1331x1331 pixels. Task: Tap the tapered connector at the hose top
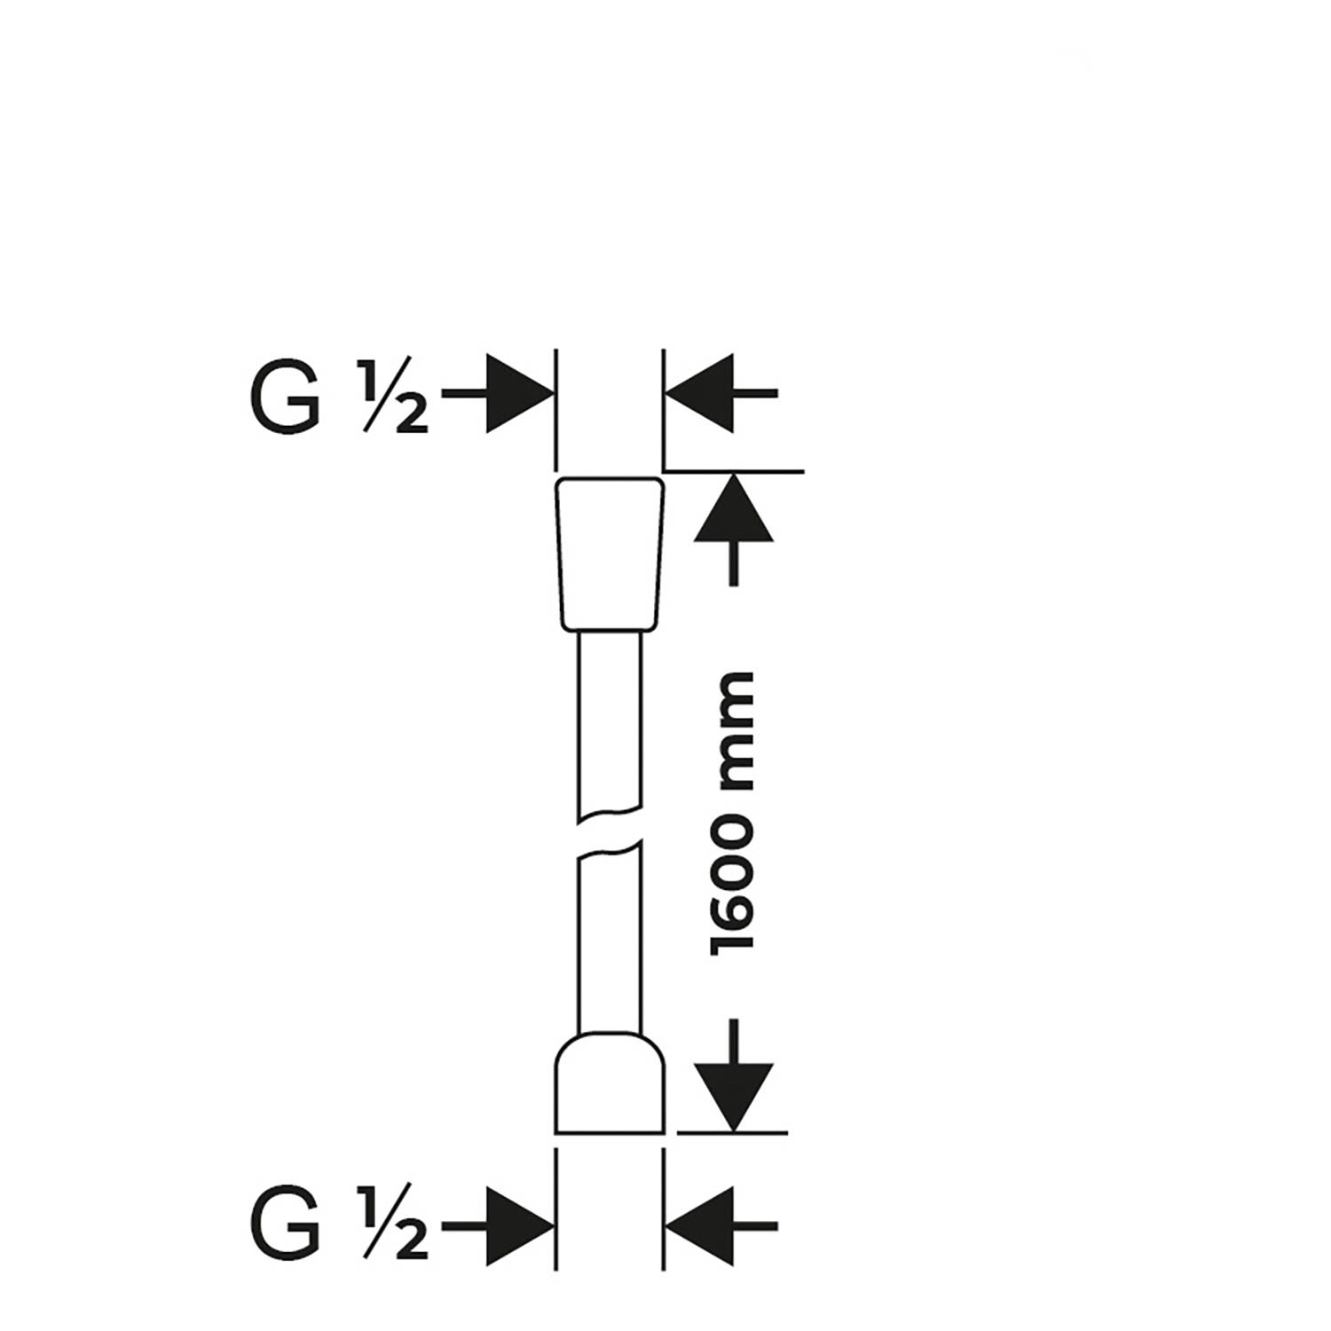tap(610, 554)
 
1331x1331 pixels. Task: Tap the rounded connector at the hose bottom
tap(610, 1083)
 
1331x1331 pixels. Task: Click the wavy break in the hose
tap(609, 832)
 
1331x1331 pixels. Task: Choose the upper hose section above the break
tap(609, 723)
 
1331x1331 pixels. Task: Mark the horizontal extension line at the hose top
tap(734, 470)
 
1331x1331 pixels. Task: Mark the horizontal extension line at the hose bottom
tap(733, 1133)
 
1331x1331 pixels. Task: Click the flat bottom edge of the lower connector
tap(610, 1132)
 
